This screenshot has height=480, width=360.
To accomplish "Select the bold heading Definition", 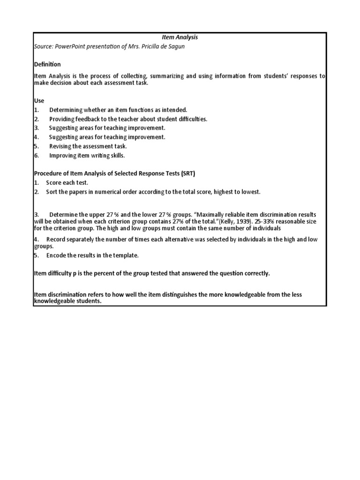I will coord(47,64).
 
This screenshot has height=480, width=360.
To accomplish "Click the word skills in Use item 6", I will coord(117,156).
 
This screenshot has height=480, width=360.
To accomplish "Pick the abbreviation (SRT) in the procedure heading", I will coord(185,173).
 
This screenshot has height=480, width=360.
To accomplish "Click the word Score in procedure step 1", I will coord(54,183).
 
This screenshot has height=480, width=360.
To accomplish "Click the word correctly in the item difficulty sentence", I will coord(256,273).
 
